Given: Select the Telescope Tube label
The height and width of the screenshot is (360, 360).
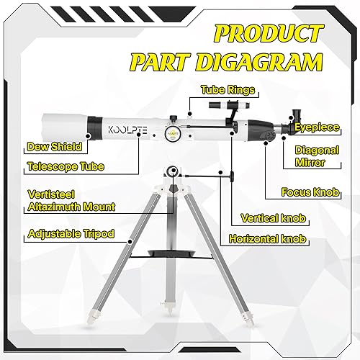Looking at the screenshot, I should click(x=65, y=167).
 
